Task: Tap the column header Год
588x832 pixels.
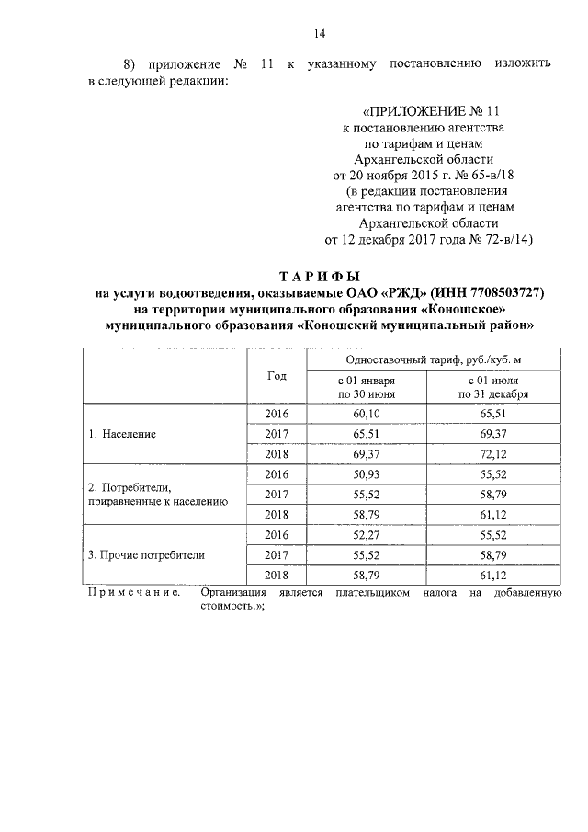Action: [x=277, y=376]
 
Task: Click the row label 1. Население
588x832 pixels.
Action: [x=122, y=432]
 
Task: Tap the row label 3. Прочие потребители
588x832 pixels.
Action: [x=146, y=555]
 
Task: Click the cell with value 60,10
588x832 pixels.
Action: [x=367, y=414]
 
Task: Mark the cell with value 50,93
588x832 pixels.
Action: [x=367, y=474]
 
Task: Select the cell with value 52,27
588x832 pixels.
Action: [x=367, y=535]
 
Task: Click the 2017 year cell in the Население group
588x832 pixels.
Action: [x=277, y=434]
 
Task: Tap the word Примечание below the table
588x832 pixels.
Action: [x=131, y=593]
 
